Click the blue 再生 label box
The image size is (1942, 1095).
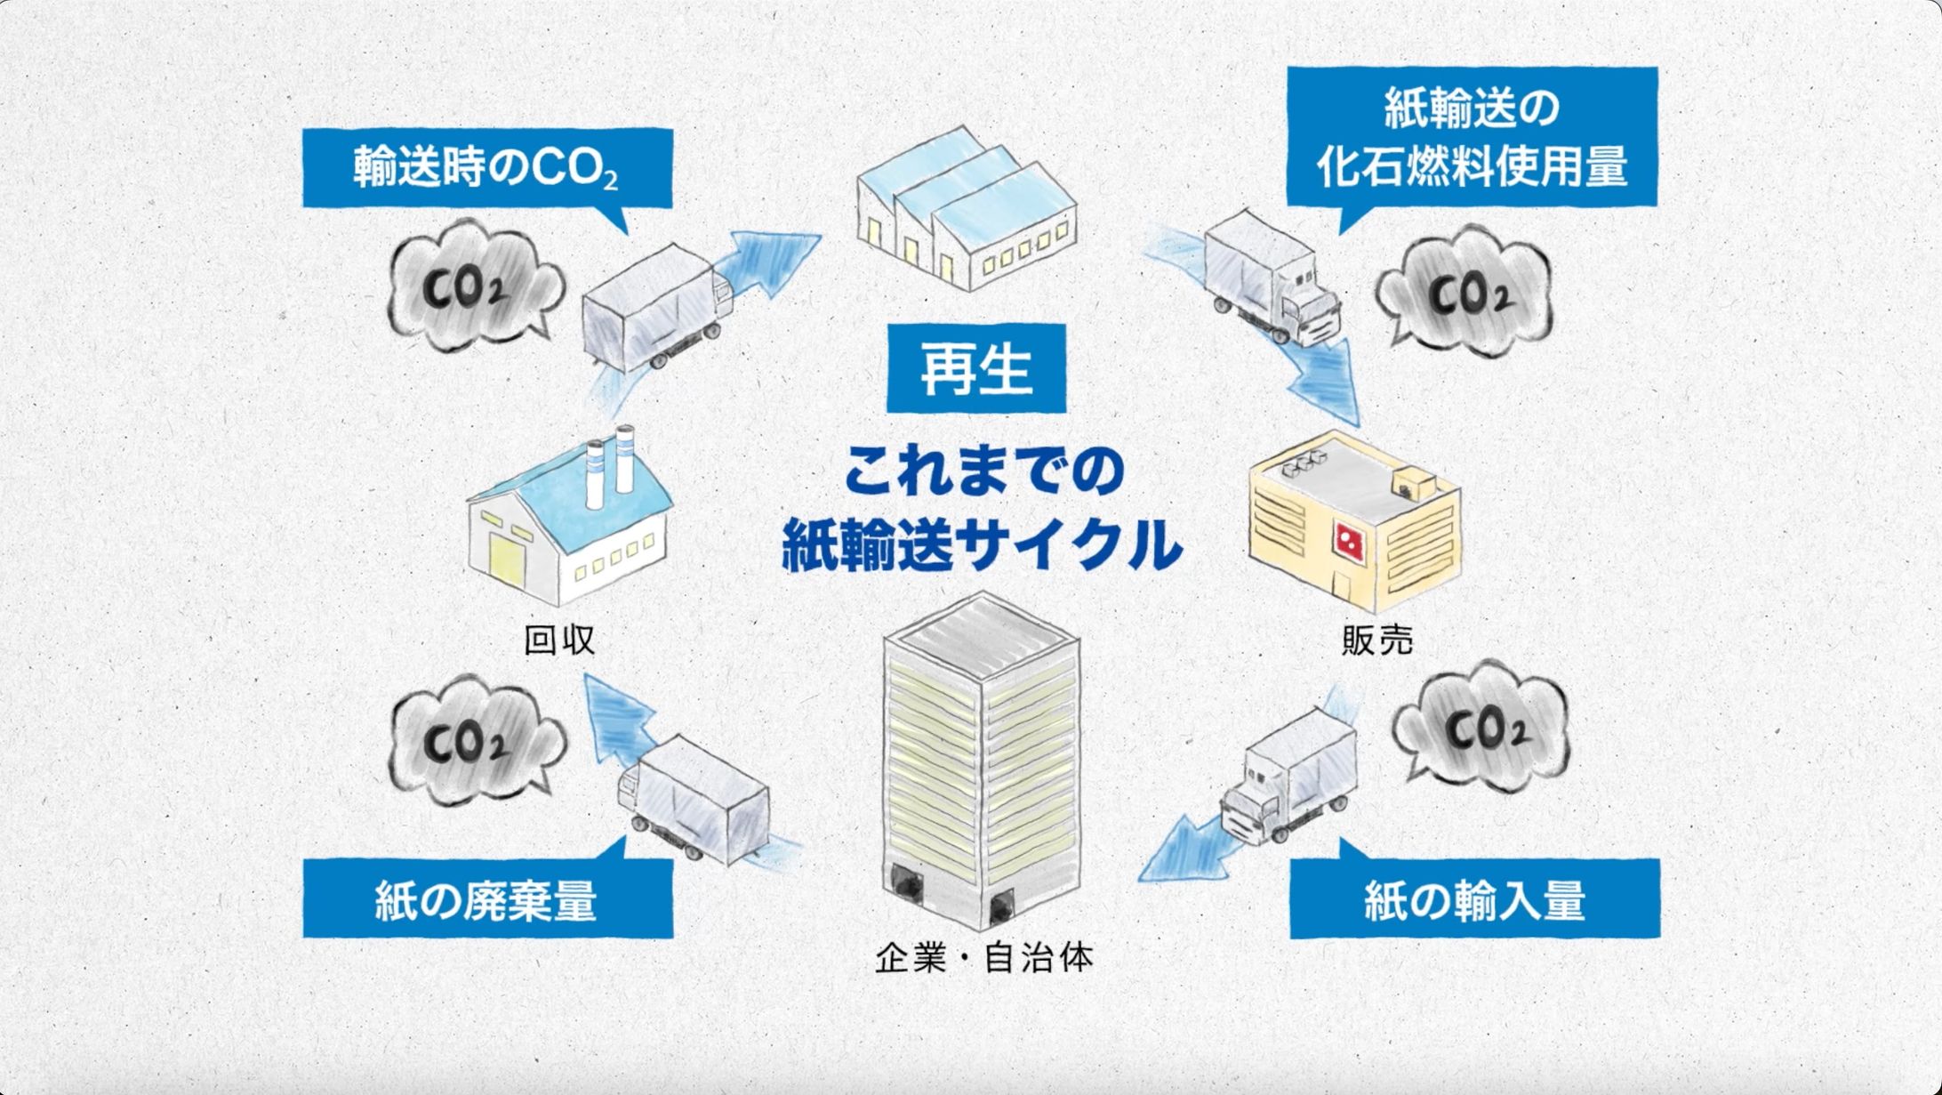point(975,368)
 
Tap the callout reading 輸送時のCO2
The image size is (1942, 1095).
point(486,168)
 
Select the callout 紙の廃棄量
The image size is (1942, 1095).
point(487,899)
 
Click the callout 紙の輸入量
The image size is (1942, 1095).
point(1474,899)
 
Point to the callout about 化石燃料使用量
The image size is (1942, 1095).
point(1472,138)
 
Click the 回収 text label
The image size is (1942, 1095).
point(559,640)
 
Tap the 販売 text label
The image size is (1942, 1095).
point(1377,640)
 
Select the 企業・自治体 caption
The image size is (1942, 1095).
point(983,958)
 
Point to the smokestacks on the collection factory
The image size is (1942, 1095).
point(610,467)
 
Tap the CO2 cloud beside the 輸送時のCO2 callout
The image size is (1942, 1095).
point(471,286)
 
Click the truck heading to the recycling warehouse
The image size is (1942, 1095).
point(654,307)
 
